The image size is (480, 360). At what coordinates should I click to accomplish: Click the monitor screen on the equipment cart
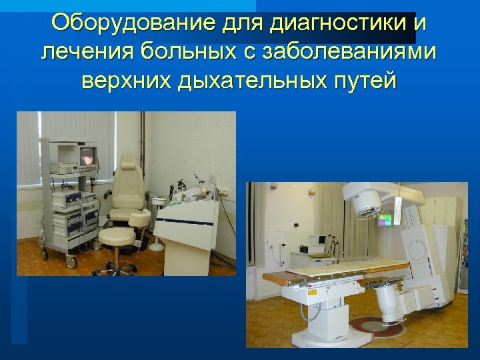(x=88, y=157)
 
